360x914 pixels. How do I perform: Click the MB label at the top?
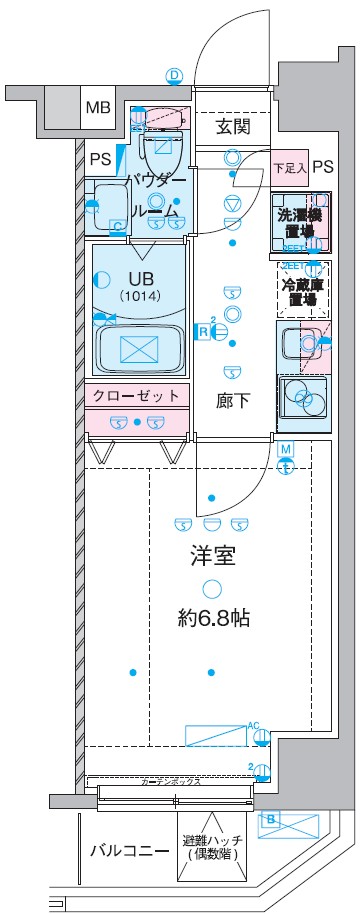(97, 107)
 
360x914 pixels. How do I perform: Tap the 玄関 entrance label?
(233, 126)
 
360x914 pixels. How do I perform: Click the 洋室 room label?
(212, 557)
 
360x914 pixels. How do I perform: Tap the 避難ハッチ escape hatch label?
(209, 847)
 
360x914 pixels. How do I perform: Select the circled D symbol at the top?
(174, 75)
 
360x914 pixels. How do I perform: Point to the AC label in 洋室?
(254, 724)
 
